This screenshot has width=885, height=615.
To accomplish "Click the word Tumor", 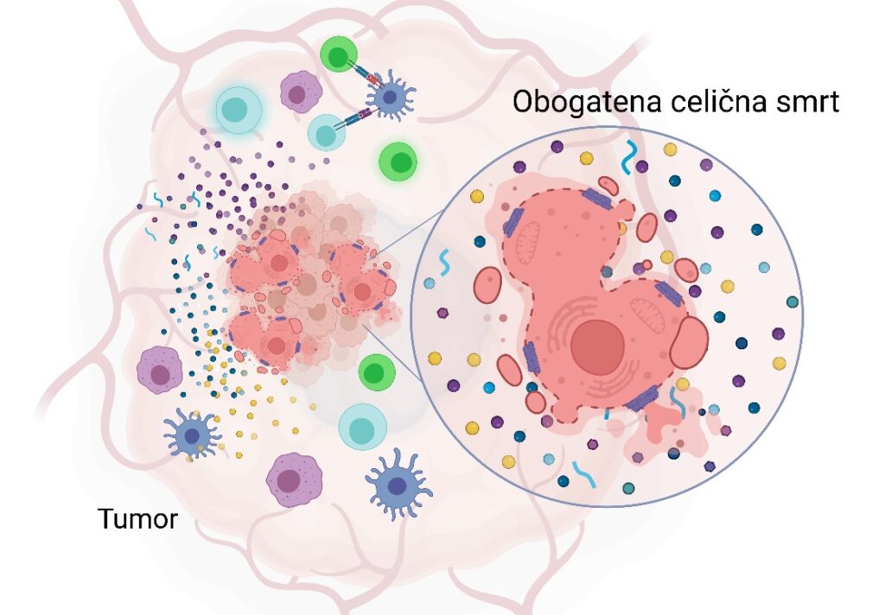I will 138,520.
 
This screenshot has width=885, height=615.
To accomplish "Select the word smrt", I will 810,102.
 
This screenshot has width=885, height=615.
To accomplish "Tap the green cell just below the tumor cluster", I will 375,372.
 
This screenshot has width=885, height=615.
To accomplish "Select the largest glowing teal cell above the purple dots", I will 237,111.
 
